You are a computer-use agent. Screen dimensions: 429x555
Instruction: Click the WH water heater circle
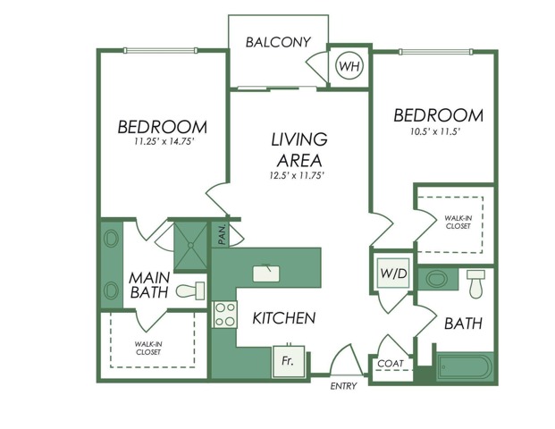coord(348,65)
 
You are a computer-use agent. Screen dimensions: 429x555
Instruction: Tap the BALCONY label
coord(278,42)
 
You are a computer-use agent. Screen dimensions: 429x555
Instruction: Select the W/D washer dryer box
coord(392,273)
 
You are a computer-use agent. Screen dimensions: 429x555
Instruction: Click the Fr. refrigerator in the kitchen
coord(287,362)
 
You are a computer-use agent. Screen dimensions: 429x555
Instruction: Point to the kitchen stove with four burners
coord(224,314)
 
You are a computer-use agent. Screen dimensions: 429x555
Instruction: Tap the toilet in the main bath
coord(190,290)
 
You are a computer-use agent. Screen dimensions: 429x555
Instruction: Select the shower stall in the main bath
coord(189,244)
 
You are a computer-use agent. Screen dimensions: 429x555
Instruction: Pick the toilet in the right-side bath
coord(475,284)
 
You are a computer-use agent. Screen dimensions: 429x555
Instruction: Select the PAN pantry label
coord(221,235)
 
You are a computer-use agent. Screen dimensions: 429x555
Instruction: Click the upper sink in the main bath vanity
coord(111,240)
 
